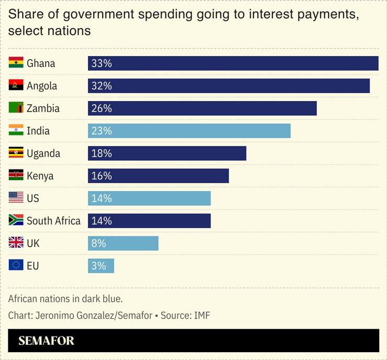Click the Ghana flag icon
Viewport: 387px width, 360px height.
[16, 63]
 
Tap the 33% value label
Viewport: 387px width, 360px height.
[102, 63]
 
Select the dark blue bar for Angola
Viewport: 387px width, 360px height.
[229, 86]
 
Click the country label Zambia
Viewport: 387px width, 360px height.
[43, 108]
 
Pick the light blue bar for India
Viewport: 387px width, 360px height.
[189, 131]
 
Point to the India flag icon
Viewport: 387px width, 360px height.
[16, 130]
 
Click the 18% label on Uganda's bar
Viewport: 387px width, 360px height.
[102, 153]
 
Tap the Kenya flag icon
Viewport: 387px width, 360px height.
[16, 175]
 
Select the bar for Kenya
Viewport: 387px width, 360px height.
[158, 176]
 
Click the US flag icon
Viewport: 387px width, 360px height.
[16, 198]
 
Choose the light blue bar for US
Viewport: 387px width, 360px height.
[149, 198]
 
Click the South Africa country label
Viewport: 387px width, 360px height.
[53, 221]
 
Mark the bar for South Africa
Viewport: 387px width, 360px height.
[149, 221]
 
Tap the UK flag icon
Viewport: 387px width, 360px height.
[16, 243]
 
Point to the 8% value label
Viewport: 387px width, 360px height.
[98, 243]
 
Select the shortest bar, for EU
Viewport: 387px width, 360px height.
[101, 266]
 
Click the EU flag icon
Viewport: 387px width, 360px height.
[16, 265]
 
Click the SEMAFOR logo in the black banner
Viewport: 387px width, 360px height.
[46, 341]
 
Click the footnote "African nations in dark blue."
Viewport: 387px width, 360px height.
[65, 299]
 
